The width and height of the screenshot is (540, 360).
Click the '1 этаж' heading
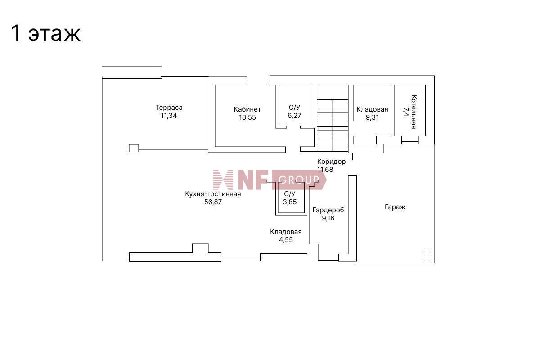coord(46,33)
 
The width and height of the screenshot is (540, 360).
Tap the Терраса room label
coord(169,108)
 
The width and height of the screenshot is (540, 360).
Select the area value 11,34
coord(169,116)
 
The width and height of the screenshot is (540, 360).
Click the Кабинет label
coord(247,109)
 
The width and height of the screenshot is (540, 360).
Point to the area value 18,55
coord(247,117)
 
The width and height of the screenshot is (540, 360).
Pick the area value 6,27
coord(294,116)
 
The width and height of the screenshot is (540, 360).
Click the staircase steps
coord(333,126)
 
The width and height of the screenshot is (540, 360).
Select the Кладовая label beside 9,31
coord(372,109)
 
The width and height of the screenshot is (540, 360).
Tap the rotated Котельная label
coord(414,112)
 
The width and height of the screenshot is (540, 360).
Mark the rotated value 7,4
coord(405,112)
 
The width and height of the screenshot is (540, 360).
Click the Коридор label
coord(332,161)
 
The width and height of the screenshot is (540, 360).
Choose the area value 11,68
coord(325,170)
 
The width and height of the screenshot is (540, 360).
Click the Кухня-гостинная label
coord(213,194)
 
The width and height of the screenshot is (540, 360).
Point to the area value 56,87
coord(213,202)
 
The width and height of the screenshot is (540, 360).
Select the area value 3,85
coord(290,202)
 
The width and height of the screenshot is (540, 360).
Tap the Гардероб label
coord(328,210)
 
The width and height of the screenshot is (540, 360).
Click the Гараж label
coord(395,207)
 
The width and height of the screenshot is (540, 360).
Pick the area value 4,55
coord(286,240)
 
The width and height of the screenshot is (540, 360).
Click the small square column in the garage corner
coord(426,256)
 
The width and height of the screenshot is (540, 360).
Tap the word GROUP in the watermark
coord(299,180)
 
